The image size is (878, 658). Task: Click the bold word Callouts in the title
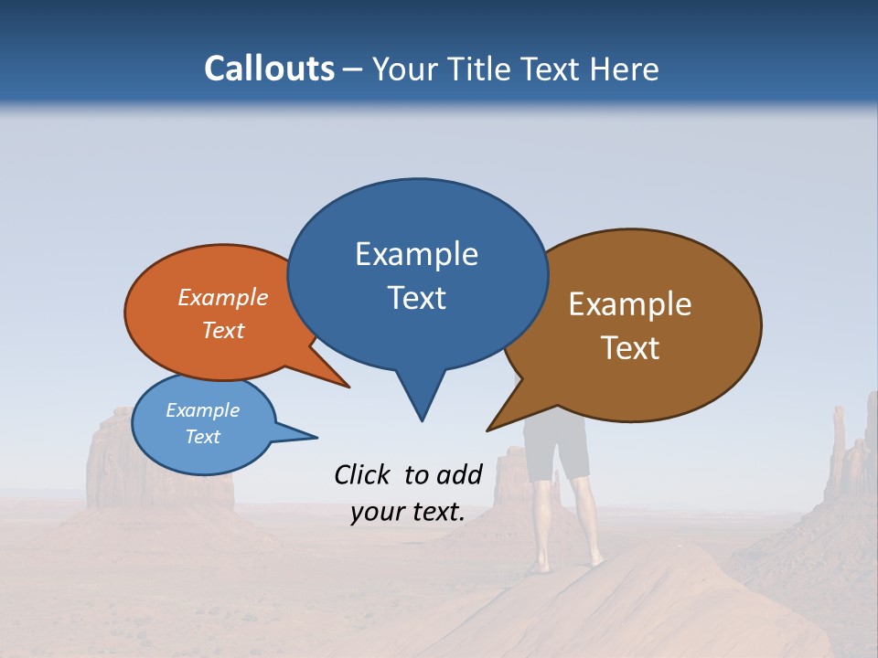pyautogui.click(x=270, y=69)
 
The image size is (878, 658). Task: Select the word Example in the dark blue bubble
pyautogui.click(x=416, y=254)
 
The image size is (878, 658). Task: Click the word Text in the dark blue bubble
pyautogui.click(x=416, y=298)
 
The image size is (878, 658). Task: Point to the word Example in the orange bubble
pyautogui.click(x=223, y=297)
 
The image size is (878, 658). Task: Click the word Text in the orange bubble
pyautogui.click(x=223, y=330)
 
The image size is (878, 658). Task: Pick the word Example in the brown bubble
pyautogui.click(x=630, y=304)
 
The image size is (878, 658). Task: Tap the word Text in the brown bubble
pyautogui.click(x=630, y=348)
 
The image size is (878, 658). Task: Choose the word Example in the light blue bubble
pyautogui.click(x=202, y=410)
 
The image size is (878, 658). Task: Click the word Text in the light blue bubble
pyautogui.click(x=202, y=437)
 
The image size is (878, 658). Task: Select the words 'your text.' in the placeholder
pyautogui.click(x=407, y=512)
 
